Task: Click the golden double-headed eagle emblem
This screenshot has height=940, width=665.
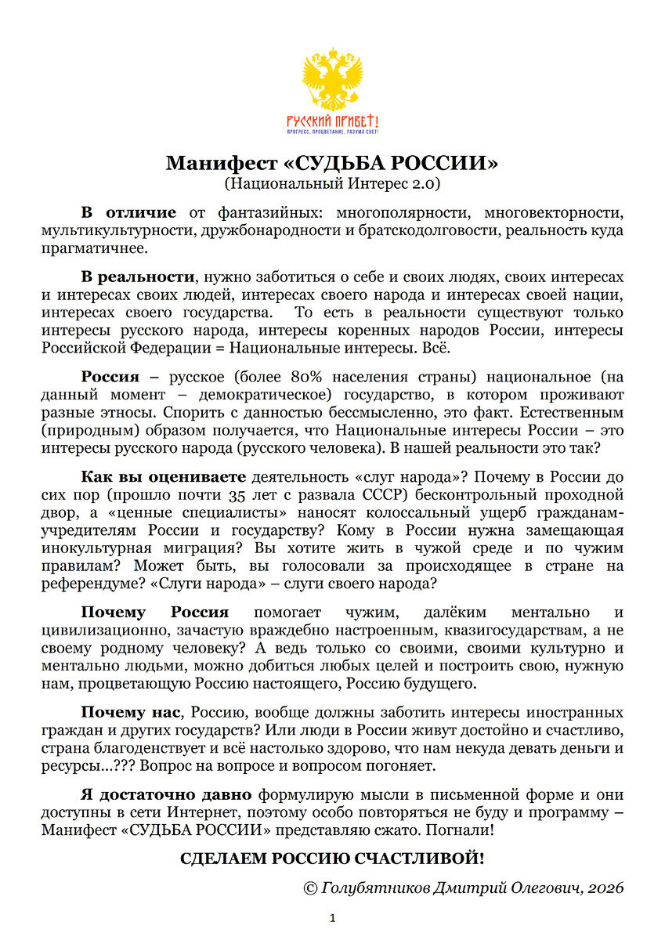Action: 332,78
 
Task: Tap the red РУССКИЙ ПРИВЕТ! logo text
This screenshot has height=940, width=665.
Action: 332,121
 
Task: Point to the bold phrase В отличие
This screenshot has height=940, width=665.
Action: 128,212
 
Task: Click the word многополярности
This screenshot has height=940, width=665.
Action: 402,212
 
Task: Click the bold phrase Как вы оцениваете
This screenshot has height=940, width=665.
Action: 164,477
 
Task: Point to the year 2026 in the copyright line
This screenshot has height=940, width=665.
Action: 604,888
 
